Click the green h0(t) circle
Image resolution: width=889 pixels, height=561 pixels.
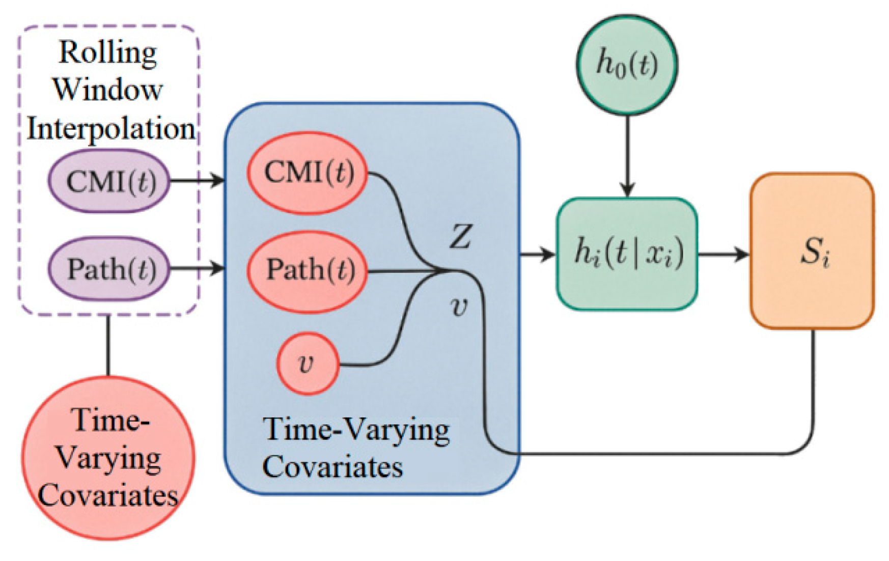click(627, 64)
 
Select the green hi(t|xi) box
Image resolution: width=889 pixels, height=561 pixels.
click(627, 253)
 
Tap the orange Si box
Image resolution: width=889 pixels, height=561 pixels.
click(813, 251)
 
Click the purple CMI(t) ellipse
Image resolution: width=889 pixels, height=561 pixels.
click(109, 181)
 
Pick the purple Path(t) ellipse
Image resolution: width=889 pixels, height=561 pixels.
click(109, 268)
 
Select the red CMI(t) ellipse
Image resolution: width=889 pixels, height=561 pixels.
click(308, 173)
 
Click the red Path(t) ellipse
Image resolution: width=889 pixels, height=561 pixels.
click(308, 270)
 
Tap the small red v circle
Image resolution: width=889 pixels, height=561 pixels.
click(308, 363)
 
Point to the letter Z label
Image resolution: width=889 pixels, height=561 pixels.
click(460, 236)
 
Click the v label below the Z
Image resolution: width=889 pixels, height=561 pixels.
click(459, 307)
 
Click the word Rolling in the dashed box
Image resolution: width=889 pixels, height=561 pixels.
click(108, 52)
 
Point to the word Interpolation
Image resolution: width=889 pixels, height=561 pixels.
click(110, 128)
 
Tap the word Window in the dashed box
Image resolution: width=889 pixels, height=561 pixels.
click(108, 90)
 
